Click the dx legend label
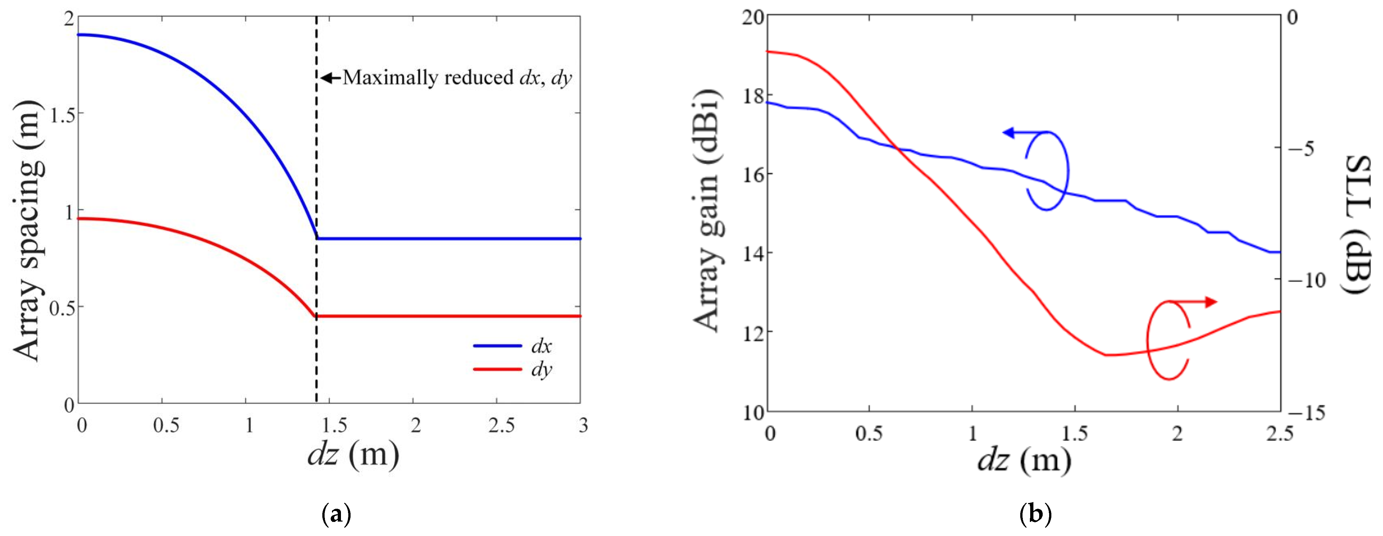[541, 346]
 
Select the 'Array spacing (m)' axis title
[28, 231]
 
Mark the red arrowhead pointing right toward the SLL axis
[1211, 302]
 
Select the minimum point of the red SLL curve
[1106, 355]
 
